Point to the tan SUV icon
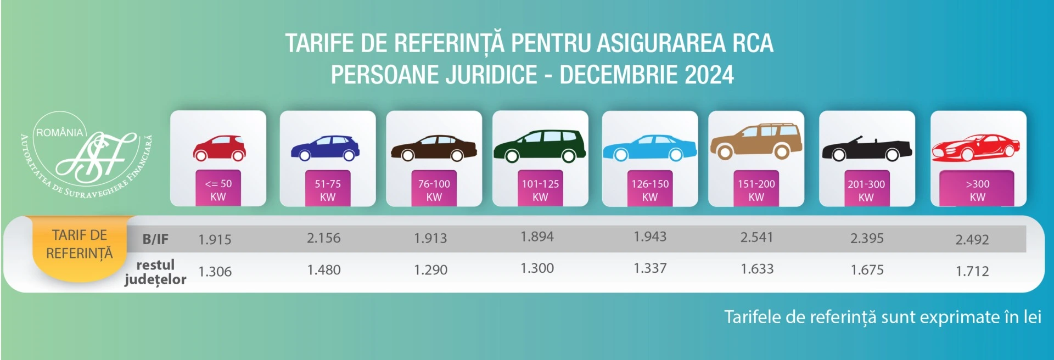coord(756,142)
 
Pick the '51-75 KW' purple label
coord(328,190)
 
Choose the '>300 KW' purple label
coord(977,190)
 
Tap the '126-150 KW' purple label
coord(650,190)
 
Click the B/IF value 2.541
coord(756,238)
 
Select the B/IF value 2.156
coord(324,238)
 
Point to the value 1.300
coord(537,268)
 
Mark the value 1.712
coord(972,271)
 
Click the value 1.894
coord(537,237)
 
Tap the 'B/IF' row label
coord(155,239)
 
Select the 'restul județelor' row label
coord(155,272)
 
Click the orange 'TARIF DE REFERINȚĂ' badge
coord(80,245)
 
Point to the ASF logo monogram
coord(96,158)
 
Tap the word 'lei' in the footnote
coord(1031,317)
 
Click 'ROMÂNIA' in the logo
coord(59,133)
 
